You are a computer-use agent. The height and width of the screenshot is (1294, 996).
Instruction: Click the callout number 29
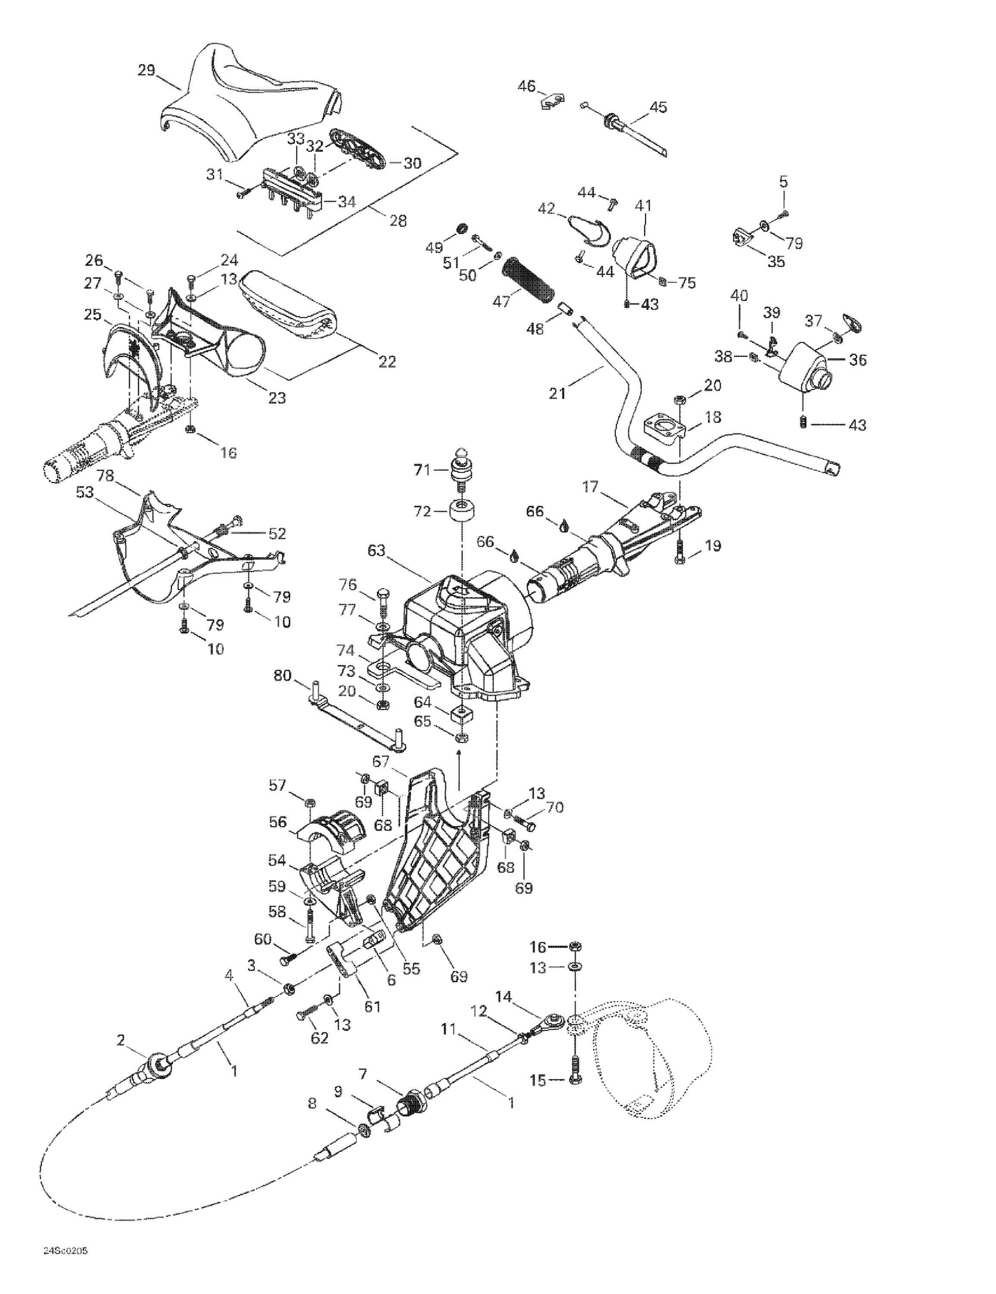coord(146,70)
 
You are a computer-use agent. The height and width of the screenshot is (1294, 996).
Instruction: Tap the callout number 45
coord(658,107)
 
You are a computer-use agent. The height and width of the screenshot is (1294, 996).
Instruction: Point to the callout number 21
coord(557,393)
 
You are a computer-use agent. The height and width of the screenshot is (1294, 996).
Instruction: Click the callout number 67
coord(381,761)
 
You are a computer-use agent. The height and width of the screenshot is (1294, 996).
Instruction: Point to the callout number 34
coord(347,201)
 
